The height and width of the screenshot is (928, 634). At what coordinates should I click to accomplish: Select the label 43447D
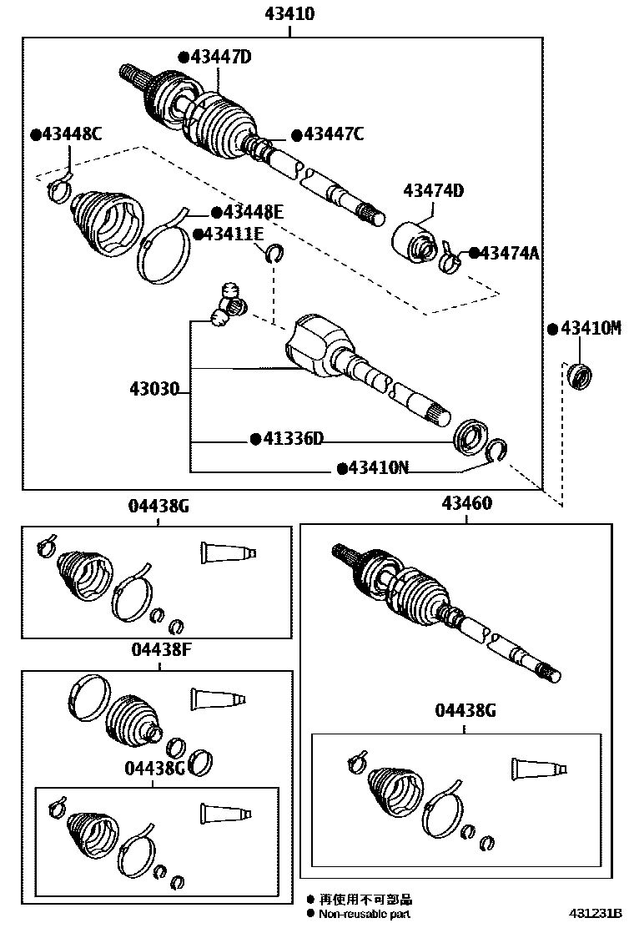pos(220,57)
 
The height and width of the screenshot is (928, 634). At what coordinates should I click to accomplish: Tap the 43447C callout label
pos(334,134)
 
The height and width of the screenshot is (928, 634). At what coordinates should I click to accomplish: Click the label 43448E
pos(252,213)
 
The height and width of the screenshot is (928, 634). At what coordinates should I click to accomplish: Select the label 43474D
pos(434,191)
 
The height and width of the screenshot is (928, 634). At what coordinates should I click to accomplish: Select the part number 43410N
pos(378,468)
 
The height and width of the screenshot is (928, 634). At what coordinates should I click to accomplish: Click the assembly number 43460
pos(466,503)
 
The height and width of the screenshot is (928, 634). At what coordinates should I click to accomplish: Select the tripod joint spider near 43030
pos(229,305)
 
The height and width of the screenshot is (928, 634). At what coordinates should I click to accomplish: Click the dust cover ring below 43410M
pos(579,376)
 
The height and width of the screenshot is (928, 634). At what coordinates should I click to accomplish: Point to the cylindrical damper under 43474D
pos(414,242)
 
